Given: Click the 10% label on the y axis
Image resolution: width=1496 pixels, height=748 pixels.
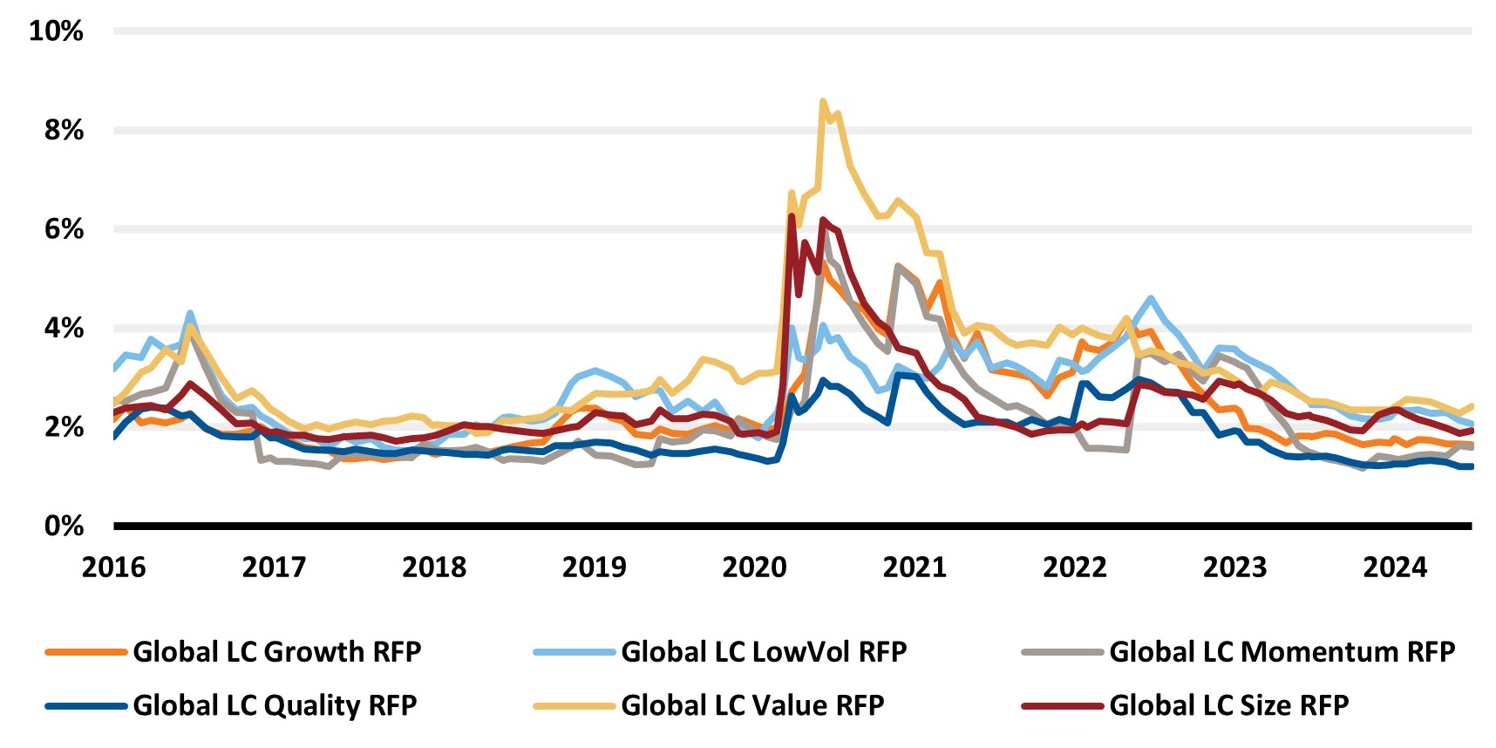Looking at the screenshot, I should [56, 31].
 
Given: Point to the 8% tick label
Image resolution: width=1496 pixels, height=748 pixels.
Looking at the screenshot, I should [64, 131].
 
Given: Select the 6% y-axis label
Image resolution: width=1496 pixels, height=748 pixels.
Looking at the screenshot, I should [64, 229].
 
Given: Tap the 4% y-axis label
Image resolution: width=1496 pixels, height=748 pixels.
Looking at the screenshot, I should [64, 329].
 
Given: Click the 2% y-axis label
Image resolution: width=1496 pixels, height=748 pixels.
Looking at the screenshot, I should [64, 427].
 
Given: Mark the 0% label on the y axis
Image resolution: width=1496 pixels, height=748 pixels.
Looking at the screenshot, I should [64, 526].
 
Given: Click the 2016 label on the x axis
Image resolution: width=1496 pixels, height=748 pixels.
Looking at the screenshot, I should [113, 568].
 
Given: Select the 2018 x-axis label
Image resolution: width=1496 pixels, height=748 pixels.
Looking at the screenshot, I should [434, 568].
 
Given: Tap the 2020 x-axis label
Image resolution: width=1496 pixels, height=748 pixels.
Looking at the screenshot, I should [754, 568].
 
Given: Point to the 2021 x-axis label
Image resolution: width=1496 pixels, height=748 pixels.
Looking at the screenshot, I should [915, 568].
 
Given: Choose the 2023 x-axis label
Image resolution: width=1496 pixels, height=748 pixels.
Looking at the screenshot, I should [1234, 568].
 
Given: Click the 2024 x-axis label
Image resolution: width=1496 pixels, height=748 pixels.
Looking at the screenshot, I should [1395, 568].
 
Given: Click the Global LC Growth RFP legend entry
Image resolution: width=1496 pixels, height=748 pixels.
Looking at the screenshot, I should [276, 652].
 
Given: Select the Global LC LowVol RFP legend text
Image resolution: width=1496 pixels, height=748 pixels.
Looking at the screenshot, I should [764, 652].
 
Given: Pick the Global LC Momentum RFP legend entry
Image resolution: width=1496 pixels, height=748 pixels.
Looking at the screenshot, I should [1282, 652].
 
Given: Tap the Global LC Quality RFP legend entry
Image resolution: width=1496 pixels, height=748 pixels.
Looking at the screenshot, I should [275, 705].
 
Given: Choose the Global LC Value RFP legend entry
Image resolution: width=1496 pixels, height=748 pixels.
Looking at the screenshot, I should [752, 705].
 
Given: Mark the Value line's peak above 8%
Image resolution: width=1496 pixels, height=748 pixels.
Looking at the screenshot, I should [823, 102].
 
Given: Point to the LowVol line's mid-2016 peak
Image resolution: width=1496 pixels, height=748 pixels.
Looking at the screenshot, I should [189, 313].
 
